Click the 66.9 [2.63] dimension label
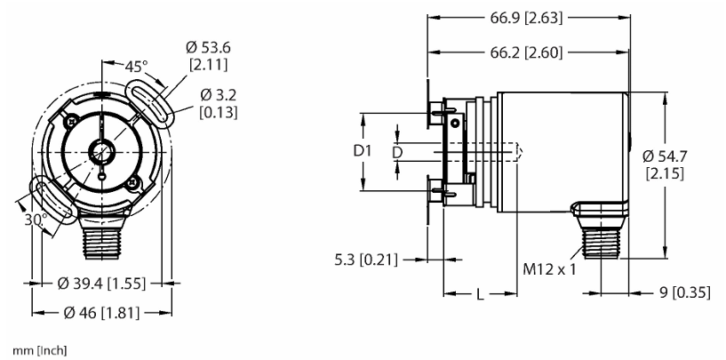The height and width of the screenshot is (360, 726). click(526, 19)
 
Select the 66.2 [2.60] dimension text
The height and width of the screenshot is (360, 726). click(526, 52)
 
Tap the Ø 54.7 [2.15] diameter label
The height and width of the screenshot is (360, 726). click(665, 164)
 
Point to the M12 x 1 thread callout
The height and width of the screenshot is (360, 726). click(549, 268)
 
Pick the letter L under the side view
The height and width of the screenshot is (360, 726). click(480, 293)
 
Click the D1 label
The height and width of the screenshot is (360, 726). click(363, 151)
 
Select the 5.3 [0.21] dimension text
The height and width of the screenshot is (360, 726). click(366, 260)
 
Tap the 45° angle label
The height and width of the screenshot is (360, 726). click(136, 67)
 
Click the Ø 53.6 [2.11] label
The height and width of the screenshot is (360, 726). click(208, 56)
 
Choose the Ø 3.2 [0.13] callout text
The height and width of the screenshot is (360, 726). click(219, 104)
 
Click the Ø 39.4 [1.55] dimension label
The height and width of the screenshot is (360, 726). click(101, 283)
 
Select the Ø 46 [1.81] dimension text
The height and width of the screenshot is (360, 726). click(101, 313)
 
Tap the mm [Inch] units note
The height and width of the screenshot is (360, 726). click(40, 351)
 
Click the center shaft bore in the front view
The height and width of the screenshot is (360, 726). click(101, 152)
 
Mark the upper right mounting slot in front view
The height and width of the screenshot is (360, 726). click(149, 103)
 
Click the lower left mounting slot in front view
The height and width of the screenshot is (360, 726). click(53, 200)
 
